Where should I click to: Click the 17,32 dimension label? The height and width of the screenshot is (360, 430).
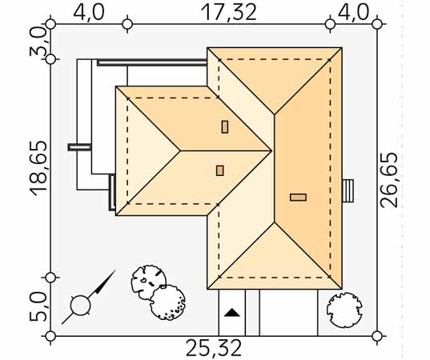coord(228,12)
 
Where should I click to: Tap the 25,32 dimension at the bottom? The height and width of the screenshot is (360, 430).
coord(214,348)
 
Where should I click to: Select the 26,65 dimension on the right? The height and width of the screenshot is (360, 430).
coord(389,180)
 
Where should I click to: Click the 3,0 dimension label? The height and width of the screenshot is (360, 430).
coord(38,42)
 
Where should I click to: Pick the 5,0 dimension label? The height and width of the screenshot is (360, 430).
coord(38,306)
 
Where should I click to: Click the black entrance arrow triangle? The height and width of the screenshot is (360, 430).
coord(232,313)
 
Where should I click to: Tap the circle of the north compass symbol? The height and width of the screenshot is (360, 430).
coord(80,306)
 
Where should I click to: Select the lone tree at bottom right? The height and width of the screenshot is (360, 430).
coord(344,310)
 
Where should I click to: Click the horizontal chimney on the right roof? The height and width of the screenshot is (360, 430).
coord(298,198)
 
